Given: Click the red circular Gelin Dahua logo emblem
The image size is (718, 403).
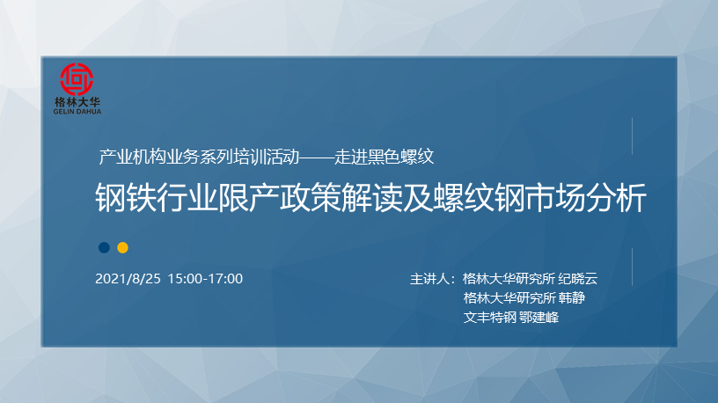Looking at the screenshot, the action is [x=77, y=79].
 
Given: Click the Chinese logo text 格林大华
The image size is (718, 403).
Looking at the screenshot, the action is [x=77, y=102].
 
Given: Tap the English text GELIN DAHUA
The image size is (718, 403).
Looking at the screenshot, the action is [x=77, y=111].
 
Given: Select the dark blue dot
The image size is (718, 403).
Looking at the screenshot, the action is [x=104, y=248].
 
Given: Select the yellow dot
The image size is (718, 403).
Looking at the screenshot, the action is [x=122, y=248].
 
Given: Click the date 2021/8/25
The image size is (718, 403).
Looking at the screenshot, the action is [x=128, y=278].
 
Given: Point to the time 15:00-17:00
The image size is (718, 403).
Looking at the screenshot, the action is [x=205, y=278].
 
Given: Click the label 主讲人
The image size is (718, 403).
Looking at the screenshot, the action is [x=429, y=278].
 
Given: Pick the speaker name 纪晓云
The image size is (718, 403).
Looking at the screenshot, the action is [x=577, y=278].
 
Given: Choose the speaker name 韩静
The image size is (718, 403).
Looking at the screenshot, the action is [x=572, y=297].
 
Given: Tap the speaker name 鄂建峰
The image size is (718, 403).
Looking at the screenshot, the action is [x=539, y=317].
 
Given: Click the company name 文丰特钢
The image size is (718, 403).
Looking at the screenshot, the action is [x=489, y=317].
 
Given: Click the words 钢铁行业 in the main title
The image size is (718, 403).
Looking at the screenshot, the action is [x=157, y=198].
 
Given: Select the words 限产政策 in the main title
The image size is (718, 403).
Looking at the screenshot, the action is [x=279, y=198].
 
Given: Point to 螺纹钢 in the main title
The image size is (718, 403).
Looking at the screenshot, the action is [x=479, y=198].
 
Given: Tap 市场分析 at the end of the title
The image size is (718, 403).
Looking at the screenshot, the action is [x=586, y=198].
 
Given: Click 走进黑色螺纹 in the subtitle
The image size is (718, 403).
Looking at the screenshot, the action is [x=384, y=157].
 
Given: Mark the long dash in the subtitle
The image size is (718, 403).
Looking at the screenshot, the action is [x=317, y=158].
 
